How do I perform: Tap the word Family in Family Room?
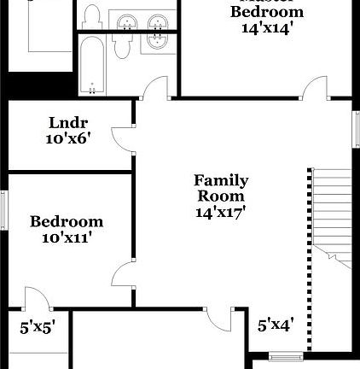click(221, 181)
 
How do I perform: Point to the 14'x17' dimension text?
click(221, 213)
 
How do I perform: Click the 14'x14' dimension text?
click(267, 27)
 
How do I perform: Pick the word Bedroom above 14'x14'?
click(267, 12)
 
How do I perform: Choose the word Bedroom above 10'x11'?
click(67, 222)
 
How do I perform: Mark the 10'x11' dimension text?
click(67, 237)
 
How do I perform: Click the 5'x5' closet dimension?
click(38, 325)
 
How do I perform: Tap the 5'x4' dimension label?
click(276, 325)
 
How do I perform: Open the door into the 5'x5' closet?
click(35, 300)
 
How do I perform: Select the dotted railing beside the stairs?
click(309, 256)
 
